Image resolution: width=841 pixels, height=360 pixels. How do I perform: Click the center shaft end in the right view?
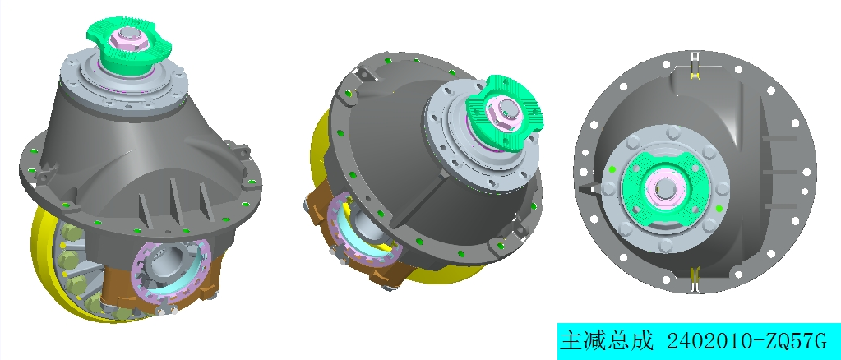tap(665, 189)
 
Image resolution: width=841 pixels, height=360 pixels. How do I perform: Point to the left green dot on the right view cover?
tap(612, 169)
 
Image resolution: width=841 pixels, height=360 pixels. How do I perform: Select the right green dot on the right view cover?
tap(720, 210)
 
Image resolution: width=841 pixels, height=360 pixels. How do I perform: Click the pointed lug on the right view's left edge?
tap(585, 189)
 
